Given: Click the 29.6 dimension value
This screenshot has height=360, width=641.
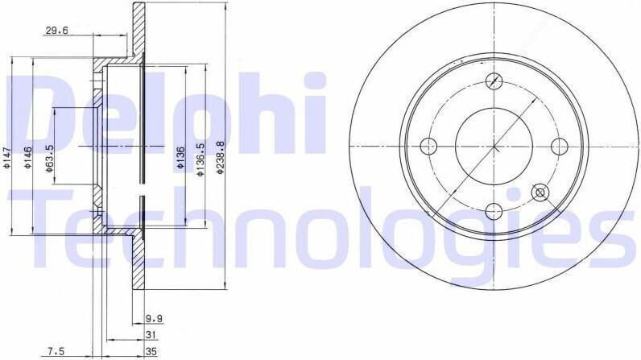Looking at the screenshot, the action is (56, 31).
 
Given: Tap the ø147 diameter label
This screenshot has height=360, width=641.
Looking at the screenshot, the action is (6, 158).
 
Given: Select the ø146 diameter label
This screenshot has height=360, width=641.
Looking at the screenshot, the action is (28, 158).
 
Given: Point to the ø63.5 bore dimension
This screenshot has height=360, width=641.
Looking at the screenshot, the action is (49, 158).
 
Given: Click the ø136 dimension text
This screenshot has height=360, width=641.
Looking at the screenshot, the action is (180, 158).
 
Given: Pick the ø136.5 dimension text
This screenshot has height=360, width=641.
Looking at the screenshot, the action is (200, 159).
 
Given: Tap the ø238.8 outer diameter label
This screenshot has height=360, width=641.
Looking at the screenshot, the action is (221, 158).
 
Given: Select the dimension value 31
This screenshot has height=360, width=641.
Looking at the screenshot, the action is (151, 335).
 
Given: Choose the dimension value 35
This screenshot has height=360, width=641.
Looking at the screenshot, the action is (151, 351).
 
